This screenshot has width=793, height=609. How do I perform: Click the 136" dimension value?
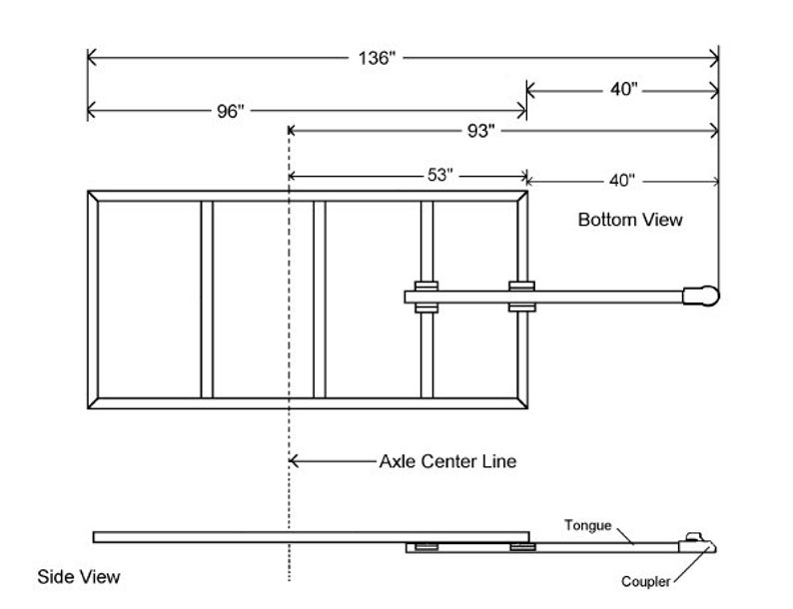pyautogui.click(x=378, y=58)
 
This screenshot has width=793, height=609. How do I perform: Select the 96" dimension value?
pyautogui.click(x=230, y=111)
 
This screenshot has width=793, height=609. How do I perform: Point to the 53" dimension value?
pyautogui.click(x=440, y=175)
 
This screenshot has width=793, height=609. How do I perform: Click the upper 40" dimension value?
pyautogui.click(x=623, y=89)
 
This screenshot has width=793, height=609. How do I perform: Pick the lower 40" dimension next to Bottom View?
pyautogui.click(x=621, y=181)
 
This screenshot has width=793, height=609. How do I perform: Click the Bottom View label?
pyautogui.click(x=630, y=219)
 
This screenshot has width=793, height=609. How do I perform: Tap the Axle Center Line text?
pyautogui.click(x=447, y=461)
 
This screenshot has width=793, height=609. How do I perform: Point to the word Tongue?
pyautogui.click(x=587, y=525)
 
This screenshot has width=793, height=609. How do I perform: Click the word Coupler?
pyautogui.click(x=645, y=582)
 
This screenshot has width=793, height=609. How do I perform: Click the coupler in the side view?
pyautogui.click(x=698, y=542)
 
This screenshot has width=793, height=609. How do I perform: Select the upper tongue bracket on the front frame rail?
pyautogui.click(x=521, y=286)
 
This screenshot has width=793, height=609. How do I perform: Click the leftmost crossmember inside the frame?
pyautogui.click(x=208, y=300)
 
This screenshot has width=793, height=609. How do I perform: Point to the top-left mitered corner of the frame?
pyautogui.click(x=94, y=197)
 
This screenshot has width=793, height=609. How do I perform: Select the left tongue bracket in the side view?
pyautogui.click(x=426, y=547)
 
